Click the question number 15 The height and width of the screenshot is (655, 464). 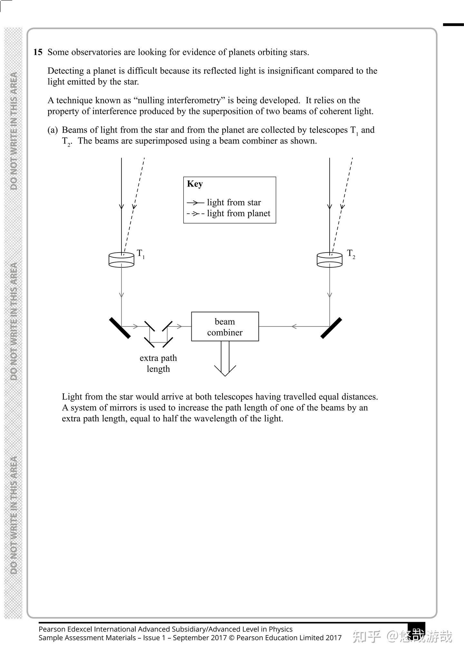(x=38, y=52)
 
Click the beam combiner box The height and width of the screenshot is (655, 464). (x=225, y=327)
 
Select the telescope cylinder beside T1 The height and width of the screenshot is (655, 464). (x=121, y=260)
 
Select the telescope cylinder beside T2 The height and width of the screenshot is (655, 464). (x=330, y=260)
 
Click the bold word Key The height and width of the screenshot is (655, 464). (x=195, y=184)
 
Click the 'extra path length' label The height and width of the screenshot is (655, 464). (x=158, y=363)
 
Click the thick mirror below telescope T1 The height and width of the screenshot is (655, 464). (x=120, y=328)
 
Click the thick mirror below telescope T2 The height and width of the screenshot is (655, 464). (x=331, y=328)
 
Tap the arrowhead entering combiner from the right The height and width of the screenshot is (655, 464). (x=294, y=327)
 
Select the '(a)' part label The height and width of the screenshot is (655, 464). (x=53, y=130)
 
